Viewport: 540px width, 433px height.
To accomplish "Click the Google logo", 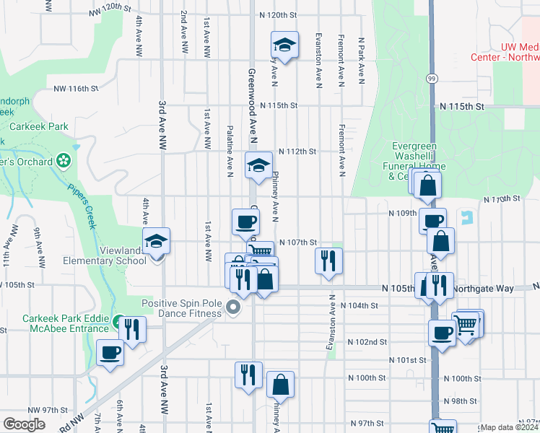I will tap(24, 424).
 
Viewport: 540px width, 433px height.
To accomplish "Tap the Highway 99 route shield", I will tap(431, 78).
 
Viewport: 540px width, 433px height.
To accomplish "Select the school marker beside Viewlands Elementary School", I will tap(156, 242).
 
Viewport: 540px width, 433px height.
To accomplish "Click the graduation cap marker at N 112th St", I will tap(258, 166).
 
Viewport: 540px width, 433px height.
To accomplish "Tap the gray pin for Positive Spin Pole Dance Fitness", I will tap(233, 308).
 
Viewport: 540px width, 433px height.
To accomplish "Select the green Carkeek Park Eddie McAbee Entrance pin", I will tap(117, 320).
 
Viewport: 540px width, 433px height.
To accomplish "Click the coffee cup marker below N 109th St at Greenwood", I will tap(245, 222).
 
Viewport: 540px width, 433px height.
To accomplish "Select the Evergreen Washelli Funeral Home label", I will tap(414, 161).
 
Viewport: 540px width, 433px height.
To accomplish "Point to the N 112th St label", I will tap(297, 152).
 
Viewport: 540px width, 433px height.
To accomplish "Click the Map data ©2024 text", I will tap(509, 427).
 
